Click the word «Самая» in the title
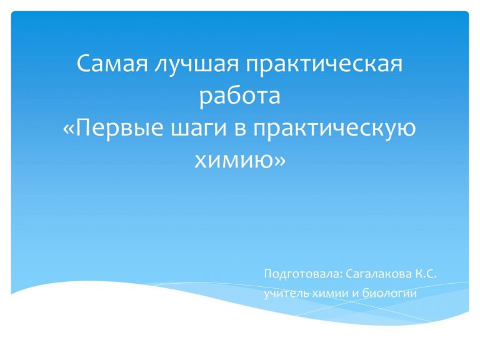[112, 64]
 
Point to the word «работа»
[240, 96]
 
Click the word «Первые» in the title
[119, 128]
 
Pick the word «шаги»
[198, 130]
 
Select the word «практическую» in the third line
[334, 130]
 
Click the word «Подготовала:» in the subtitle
[302, 274]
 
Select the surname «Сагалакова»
[379, 274]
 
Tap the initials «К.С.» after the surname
[426, 273]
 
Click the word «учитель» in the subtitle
[287, 294]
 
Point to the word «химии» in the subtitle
[331, 294]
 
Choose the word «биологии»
[389, 293]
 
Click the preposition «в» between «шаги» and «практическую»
[240, 129]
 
